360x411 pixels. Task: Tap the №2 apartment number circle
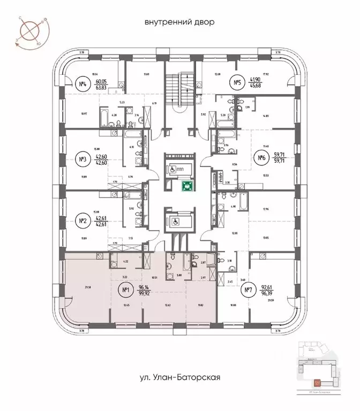pos(82,220)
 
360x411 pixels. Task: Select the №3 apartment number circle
pos(82,159)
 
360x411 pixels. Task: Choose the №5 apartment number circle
pos(238,82)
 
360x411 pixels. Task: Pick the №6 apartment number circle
pos(262,157)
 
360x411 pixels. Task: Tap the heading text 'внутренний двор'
pos(179,22)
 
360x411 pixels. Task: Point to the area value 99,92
pos(144,295)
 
